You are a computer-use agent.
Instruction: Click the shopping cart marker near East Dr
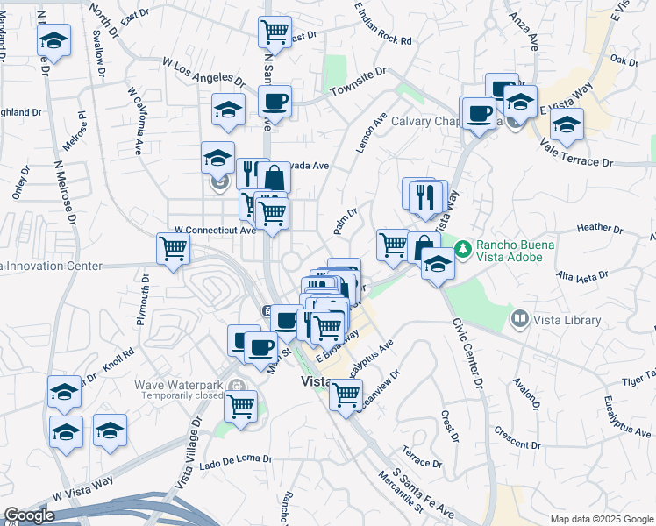pyautogui.click(x=275, y=32)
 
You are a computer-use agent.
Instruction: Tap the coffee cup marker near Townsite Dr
pyautogui.click(x=275, y=101)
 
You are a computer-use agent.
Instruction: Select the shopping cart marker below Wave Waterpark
pyautogui.click(x=240, y=406)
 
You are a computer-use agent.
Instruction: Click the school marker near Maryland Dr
pyautogui.click(x=53, y=39)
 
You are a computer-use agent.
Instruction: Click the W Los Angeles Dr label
pyautogui.click(x=203, y=70)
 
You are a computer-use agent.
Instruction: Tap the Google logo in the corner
pyautogui.click(x=29, y=515)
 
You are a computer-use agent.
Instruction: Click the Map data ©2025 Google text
pyautogui.click(x=601, y=519)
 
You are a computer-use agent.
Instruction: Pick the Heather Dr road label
pyautogui.click(x=600, y=229)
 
